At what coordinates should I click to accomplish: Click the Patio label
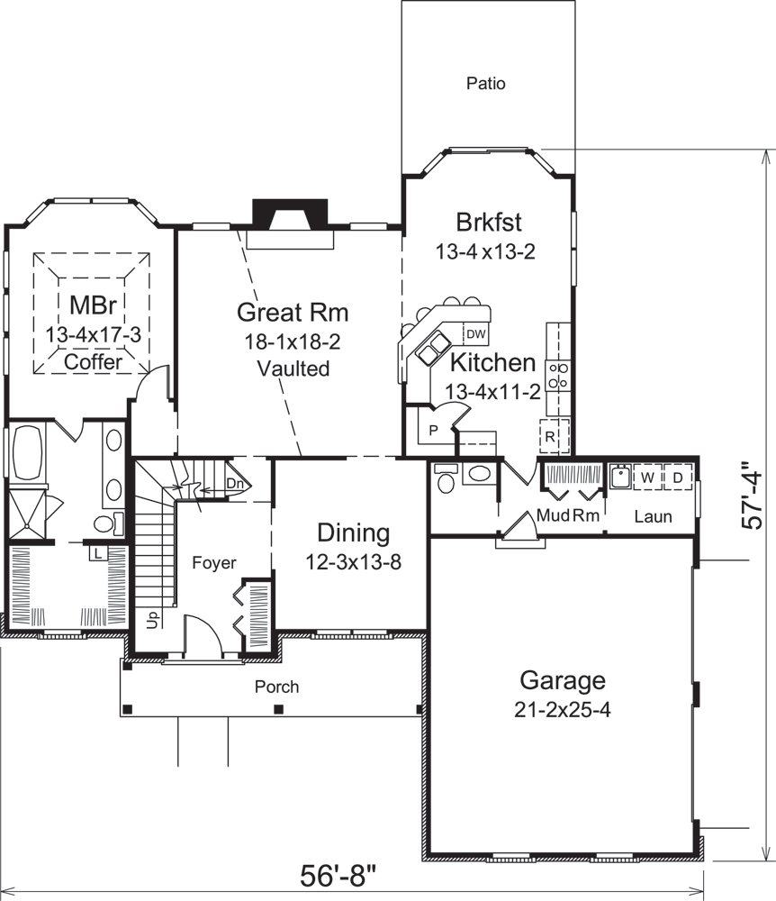[486, 84]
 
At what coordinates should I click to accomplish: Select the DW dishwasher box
[476, 334]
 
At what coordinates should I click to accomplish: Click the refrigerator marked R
[550, 436]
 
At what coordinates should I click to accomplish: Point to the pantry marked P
[432, 431]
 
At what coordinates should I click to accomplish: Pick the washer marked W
[646, 476]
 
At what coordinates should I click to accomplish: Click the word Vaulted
[293, 369]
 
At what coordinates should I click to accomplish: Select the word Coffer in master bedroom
[93, 361]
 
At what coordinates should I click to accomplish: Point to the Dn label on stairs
[235, 483]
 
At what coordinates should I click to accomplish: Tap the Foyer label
[214, 563]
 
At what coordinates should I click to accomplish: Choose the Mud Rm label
[567, 516]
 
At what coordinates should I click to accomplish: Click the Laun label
[652, 517]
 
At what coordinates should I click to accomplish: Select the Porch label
[276, 687]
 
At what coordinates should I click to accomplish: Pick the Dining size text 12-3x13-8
[352, 562]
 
